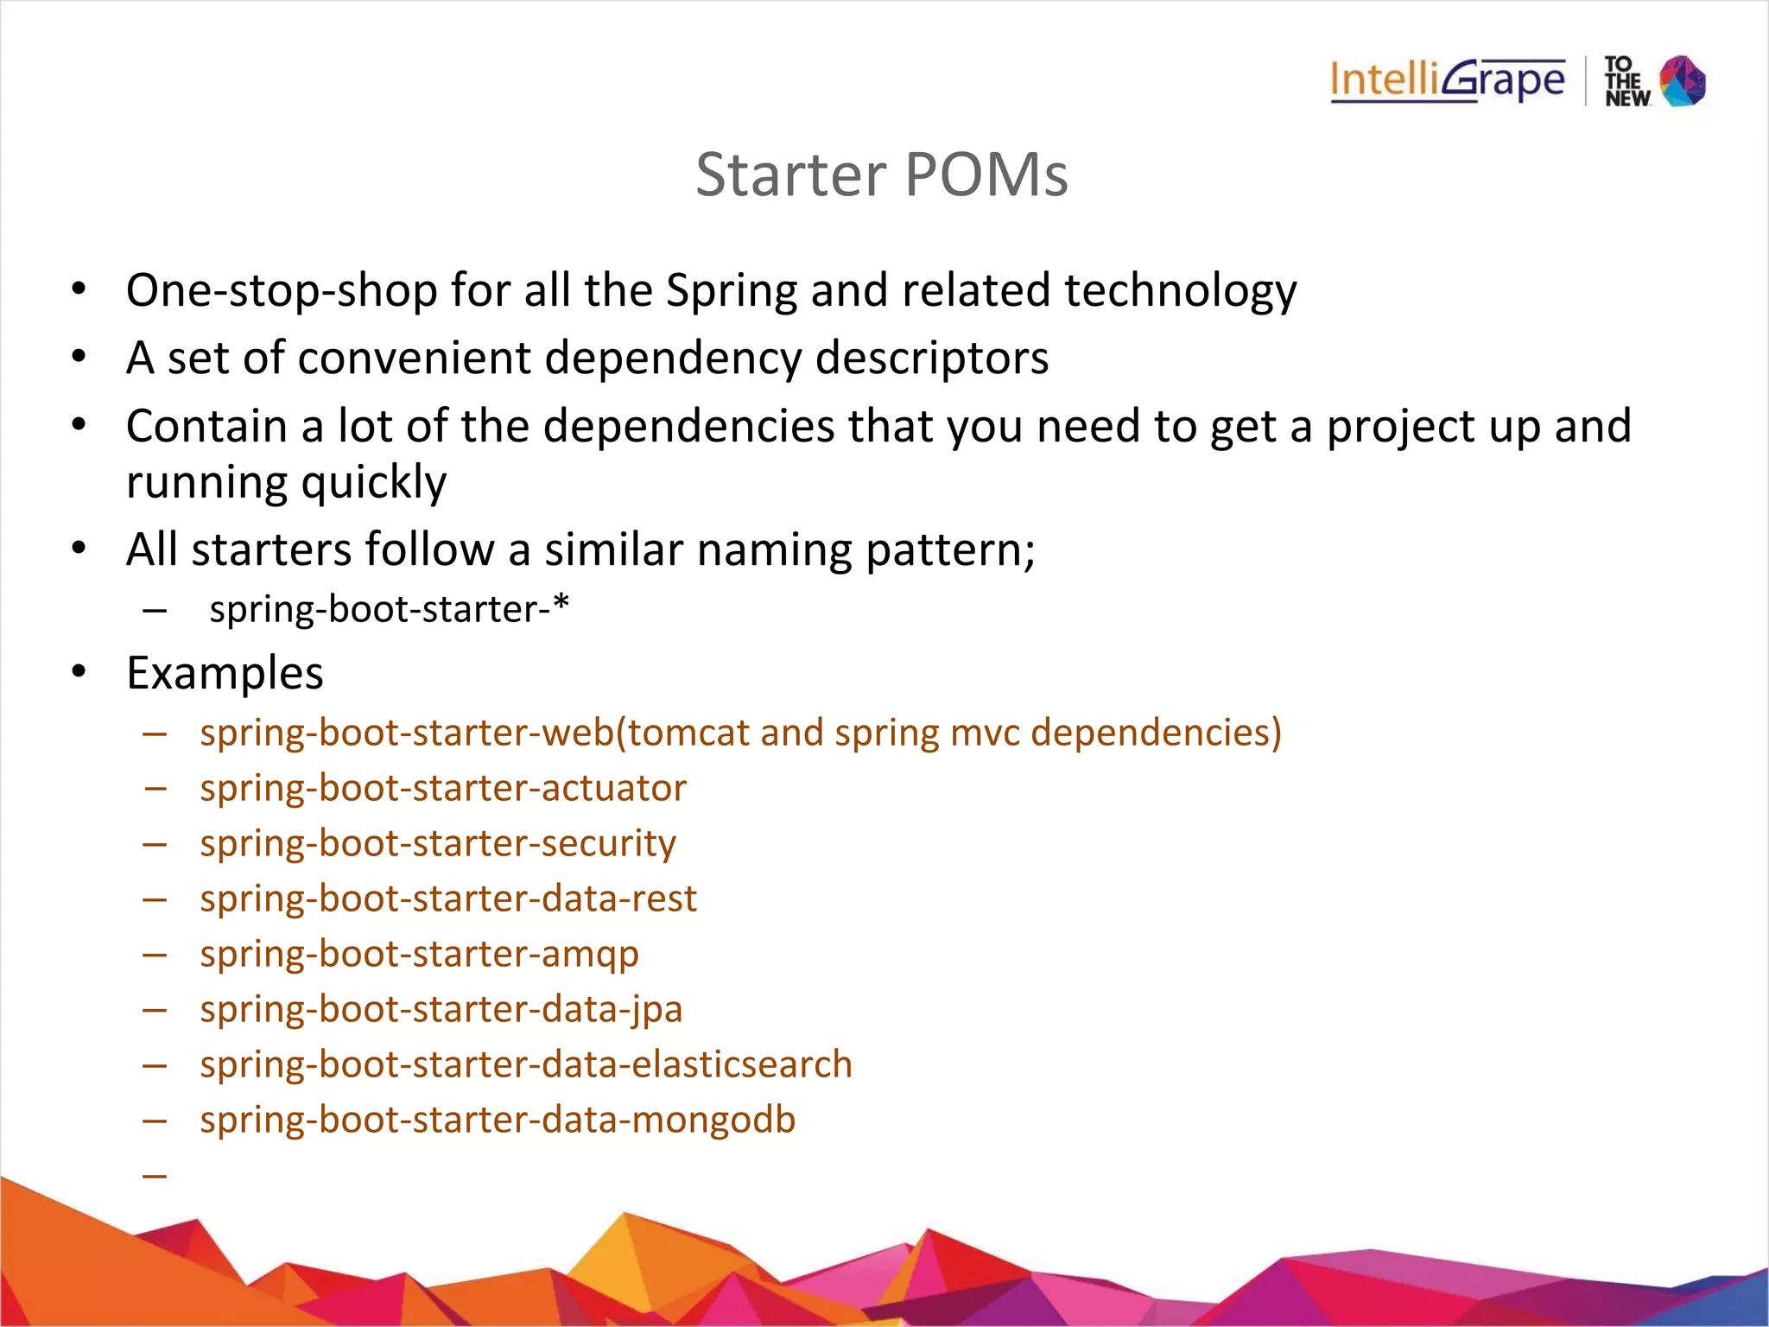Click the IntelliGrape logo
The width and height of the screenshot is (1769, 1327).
pos(1447,80)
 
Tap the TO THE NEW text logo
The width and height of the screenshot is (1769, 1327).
pos(1626,81)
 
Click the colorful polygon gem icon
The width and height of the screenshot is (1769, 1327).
pos(1683,80)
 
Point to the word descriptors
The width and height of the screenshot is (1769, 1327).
pos(931,358)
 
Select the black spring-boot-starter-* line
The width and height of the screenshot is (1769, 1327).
pos(389,609)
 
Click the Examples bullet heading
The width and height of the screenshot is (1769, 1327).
pos(225,673)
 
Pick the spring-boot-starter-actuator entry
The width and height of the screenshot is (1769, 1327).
pos(442,788)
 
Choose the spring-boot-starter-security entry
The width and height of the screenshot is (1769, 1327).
pos(438,843)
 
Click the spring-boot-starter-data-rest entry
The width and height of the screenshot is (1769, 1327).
pos(447,898)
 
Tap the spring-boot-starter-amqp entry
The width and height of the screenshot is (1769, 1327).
pos(419,954)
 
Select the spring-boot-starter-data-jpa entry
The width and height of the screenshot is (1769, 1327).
pos(441,1009)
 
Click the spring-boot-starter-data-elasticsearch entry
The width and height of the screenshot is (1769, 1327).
pos(525,1064)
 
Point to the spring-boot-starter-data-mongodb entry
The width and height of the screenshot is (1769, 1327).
pos(497,1120)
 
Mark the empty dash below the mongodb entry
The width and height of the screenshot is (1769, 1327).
pos(155,1175)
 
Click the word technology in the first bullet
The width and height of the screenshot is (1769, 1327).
pos(1180,290)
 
